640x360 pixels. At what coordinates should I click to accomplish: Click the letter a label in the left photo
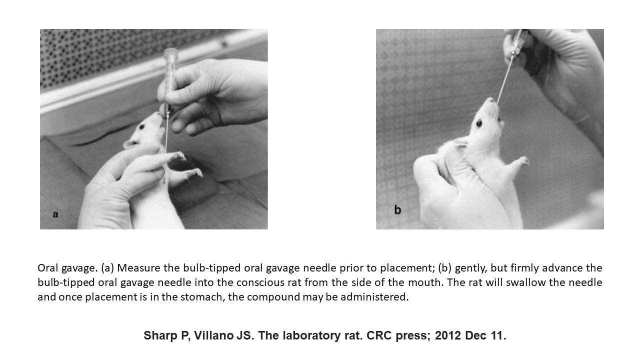tap(55, 214)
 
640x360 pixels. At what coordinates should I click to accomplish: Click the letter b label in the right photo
tap(397, 209)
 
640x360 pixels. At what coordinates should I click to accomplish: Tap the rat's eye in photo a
tap(142, 126)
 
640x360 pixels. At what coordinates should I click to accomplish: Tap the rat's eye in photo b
tap(479, 123)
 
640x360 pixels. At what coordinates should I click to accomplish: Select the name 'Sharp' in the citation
tap(160, 335)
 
